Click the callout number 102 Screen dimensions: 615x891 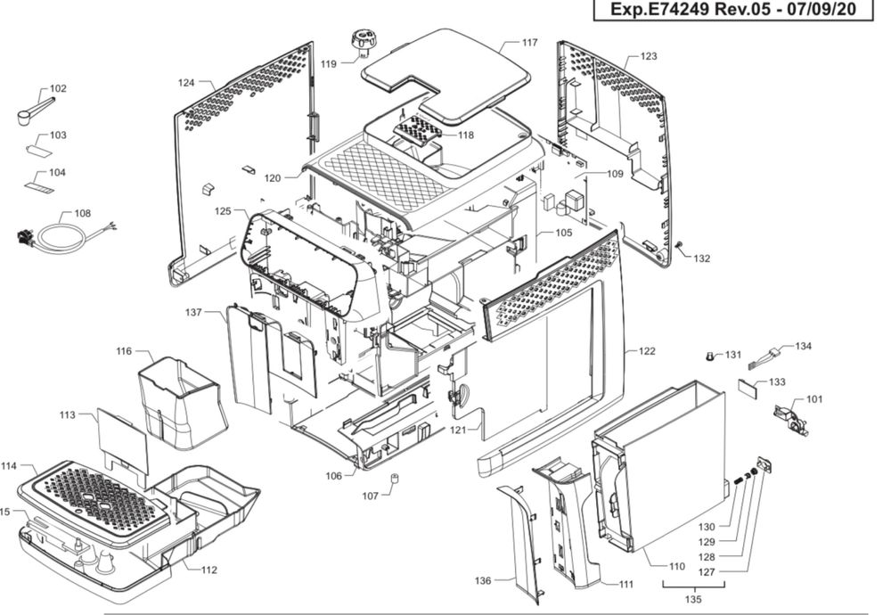[58, 89]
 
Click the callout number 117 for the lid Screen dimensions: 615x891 [530, 43]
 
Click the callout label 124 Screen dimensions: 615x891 [185, 83]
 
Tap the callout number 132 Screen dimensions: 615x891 [702, 258]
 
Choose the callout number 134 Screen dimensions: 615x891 [804, 346]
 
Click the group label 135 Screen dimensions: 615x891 [694, 599]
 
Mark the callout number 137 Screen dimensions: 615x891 [193, 313]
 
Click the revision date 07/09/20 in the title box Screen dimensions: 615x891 [832, 11]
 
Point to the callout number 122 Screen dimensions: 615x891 [646, 351]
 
